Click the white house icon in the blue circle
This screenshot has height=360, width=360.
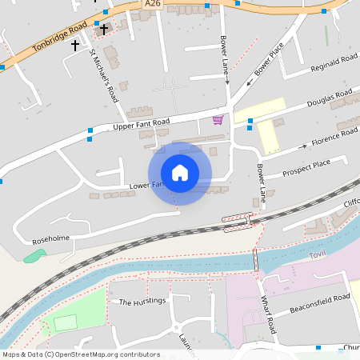coord(180,173)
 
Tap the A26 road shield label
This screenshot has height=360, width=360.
coord(152,5)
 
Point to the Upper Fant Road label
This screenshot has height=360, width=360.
coord(142,124)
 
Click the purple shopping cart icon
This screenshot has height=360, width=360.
coord(218,120)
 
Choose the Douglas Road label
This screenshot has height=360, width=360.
coord(330,99)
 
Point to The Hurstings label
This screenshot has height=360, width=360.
coord(141,302)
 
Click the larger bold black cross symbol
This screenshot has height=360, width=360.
coord(103,29)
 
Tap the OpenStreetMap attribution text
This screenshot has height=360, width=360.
coord(82,354)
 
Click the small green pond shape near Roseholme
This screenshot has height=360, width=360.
coord(34,256)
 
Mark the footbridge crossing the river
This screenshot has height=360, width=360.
coord(255,259)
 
